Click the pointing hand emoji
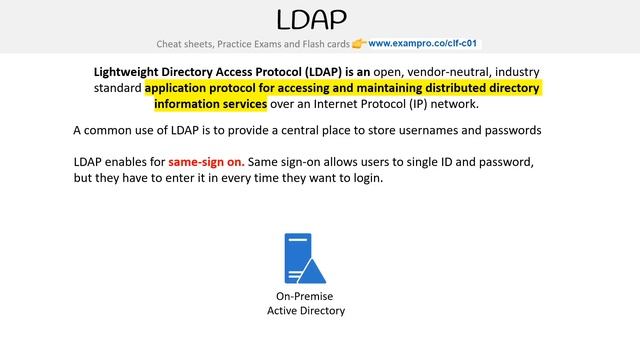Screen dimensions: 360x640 click(x=359, y=44)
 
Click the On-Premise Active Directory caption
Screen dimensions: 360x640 click(x=305, y=304)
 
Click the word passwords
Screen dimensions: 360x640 click(x=512, y=131)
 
